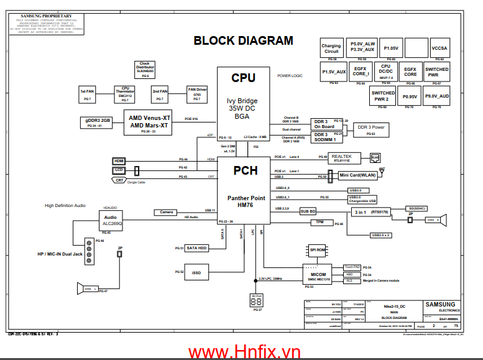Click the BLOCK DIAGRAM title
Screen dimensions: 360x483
243,41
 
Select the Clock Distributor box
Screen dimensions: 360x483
144,68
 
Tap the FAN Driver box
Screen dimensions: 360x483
197,94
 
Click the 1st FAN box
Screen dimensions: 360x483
87,94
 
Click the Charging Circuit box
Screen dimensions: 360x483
331,48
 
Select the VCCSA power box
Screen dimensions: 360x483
439,48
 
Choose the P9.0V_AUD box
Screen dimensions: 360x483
437,96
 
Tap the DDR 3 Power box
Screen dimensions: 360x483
370,129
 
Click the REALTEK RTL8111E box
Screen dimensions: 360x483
342,157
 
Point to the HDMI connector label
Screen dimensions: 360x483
119,160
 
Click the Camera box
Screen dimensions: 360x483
167,212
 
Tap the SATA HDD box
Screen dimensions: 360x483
196,248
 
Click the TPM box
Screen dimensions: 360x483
320,222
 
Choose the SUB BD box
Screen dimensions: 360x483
308,211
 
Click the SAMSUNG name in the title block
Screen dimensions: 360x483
439,304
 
